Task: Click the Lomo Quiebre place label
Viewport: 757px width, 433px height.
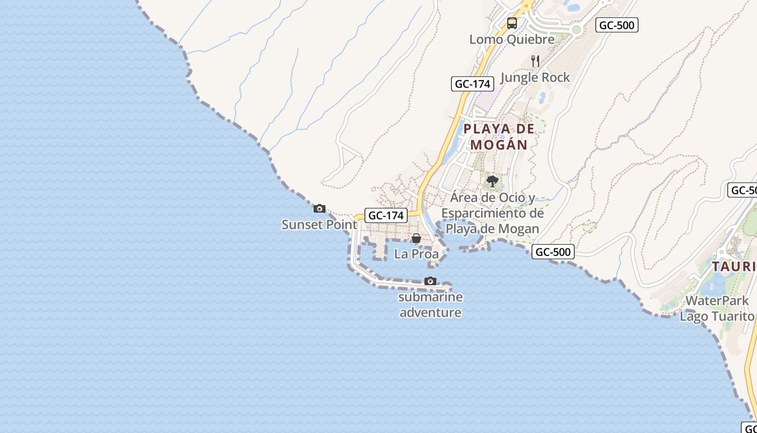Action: point(512,40)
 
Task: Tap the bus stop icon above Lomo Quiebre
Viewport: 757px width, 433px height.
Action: point(512,23)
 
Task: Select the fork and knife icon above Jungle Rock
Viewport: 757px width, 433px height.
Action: point(535,61)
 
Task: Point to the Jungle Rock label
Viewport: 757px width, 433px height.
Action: point(535,77)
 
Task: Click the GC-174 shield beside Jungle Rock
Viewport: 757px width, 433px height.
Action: point(473,84)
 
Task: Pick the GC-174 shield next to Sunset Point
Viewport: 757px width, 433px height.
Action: point(386,215)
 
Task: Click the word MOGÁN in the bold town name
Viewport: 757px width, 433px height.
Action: point(499,145)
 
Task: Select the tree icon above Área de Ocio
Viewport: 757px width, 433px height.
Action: point(492,181)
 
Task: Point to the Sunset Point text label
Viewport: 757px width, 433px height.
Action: point(319,225)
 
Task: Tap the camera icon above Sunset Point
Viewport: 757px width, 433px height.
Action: point(320,208)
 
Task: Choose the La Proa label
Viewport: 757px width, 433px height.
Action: point(416,254)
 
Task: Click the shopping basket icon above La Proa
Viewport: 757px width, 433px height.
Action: point(416,238)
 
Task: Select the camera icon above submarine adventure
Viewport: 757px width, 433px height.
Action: point(430,281)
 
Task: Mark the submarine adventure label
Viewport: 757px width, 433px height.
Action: point(430,305)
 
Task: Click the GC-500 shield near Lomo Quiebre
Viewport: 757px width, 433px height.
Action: point(617,25)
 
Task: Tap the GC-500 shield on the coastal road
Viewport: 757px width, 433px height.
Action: point(553,252)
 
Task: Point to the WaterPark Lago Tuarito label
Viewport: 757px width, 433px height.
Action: point(716,308)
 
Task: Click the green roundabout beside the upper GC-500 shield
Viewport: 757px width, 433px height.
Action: point(576,30)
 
